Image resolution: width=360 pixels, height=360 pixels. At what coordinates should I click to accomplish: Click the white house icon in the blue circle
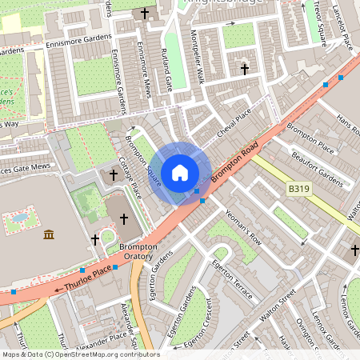[x=180, y=173]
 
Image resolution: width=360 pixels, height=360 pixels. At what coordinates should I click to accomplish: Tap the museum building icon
[x=49, y=234]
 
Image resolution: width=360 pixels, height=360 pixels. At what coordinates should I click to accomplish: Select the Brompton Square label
[x=145, y=159]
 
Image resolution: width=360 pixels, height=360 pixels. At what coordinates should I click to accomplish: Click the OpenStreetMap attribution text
[x=80, y=354]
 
